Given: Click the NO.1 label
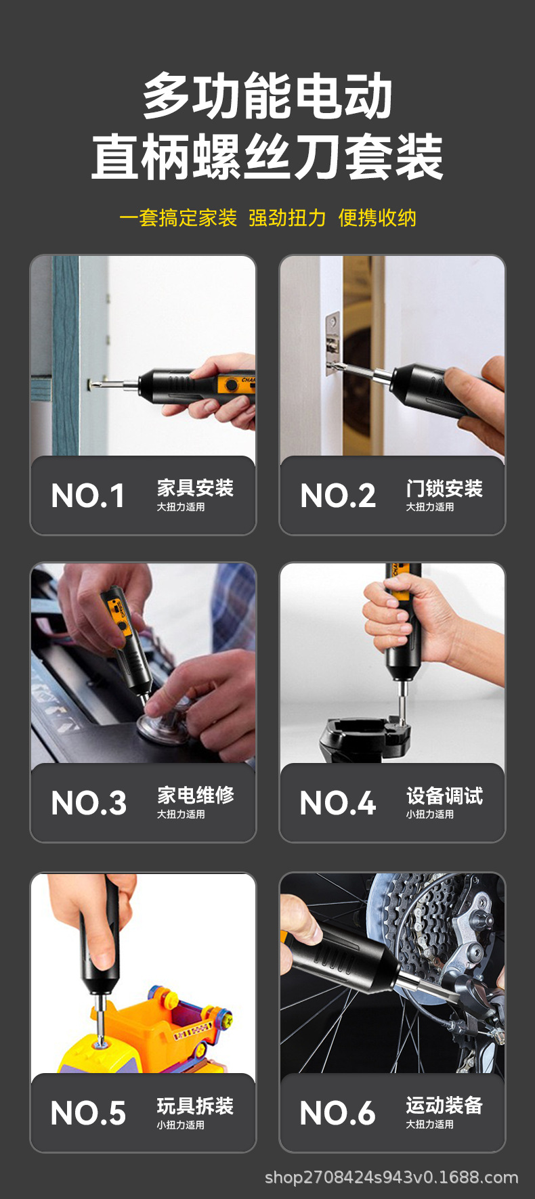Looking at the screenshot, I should click(x=88, y=496).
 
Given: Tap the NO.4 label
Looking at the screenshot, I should click(x=337, y=803).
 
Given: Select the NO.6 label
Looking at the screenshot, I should click(x=337, y=1113).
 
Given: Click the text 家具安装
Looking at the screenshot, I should click(x=195, y=487).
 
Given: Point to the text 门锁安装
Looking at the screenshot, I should click(x=444, y=487).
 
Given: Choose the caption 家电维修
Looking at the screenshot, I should click(x=195, y=795).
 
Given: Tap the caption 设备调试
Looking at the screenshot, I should click(x=444, y=795).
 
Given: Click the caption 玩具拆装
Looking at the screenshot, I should click(x=195, y=1106).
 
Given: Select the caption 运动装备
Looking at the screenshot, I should click(x=444, y=1105).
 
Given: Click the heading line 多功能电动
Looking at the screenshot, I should click(x=267, y=97).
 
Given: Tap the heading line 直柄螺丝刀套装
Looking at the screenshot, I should click(x=267, y=158).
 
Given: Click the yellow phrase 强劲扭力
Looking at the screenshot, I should click(x=287, y=218).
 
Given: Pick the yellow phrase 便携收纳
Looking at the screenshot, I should click(x=377, y=218).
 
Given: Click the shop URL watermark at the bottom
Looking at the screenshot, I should click(x=391, y=1177).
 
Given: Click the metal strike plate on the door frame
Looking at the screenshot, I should click(x=332, y=343).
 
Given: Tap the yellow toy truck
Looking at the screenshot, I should click(x=149, y=1036).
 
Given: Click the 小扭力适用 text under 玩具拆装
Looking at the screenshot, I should click(x=181, y=1125).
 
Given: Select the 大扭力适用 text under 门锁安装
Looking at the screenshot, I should click(x=430, y=506).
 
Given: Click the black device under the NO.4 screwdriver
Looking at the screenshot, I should click(x=366, y=738).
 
